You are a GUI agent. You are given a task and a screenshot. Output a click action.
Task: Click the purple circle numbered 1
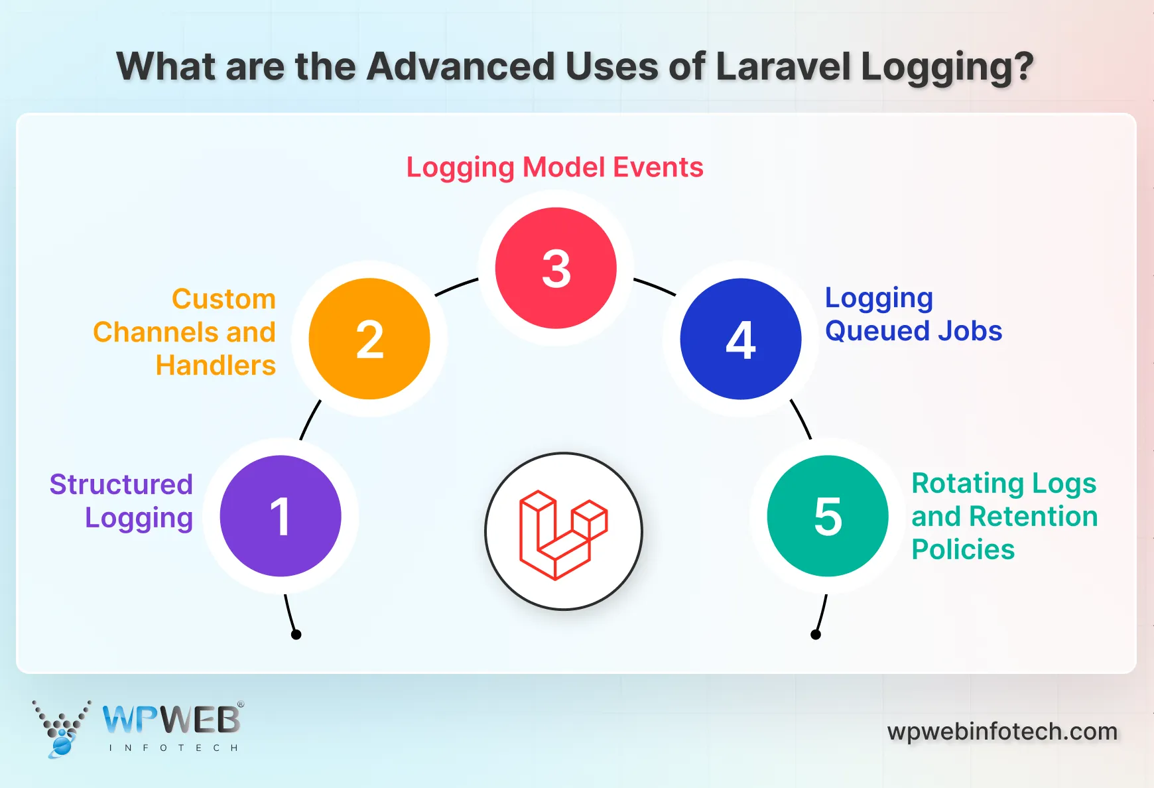[281, 516]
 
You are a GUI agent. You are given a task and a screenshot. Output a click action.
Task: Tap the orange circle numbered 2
[369, 339]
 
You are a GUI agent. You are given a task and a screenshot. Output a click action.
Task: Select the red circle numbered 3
[556, 268]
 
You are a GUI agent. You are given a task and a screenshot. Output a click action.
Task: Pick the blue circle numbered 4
[741, 339]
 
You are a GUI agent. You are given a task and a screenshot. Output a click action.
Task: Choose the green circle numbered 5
[828, 516]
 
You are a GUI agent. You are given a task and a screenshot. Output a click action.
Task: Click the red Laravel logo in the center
[563, 533]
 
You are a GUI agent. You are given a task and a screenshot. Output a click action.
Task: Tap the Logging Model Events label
[554, 167]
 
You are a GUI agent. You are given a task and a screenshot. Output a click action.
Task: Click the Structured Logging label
[122, 501]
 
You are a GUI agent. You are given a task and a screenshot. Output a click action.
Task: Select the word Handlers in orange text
[216, 365]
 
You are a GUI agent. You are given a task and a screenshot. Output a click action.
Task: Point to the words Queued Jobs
[913, 331]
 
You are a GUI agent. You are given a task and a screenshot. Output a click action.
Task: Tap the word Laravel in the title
[783, 66]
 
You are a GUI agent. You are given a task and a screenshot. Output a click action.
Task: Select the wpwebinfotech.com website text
[1002, 732]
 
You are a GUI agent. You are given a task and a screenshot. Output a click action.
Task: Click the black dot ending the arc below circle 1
[296, 635]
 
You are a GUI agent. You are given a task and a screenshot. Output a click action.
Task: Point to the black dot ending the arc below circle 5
[816, 635]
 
